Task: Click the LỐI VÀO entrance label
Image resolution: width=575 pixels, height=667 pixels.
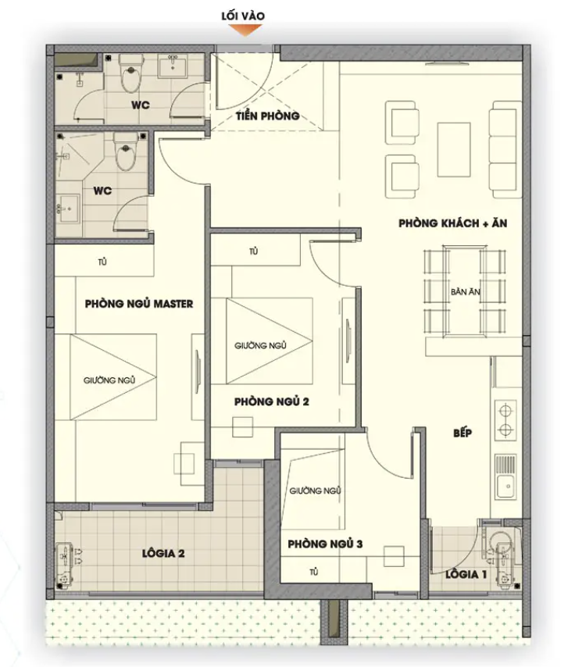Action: (x=243, y=16)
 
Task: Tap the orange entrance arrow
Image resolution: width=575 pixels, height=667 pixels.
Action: (x=245, y=30)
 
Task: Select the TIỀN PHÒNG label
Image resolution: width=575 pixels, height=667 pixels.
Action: (x=268, y=116)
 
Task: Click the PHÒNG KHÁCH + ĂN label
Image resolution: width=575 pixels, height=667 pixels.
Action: (x=452, y=223)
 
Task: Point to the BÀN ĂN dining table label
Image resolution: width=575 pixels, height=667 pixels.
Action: (x=465, y=292)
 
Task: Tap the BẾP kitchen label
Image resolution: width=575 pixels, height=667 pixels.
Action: (x=462, y=433)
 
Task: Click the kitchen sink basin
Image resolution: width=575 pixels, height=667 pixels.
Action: (x=505, y=485)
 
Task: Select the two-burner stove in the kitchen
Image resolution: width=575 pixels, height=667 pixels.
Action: (x=505, y=420)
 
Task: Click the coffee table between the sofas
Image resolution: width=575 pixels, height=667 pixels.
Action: (x=454, y=149)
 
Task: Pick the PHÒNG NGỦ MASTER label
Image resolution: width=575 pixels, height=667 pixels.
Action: (x=139, y=304)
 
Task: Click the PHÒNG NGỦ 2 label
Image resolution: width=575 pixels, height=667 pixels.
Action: (x=272, y=401)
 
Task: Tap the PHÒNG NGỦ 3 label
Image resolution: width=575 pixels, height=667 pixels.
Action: (x=325, y=544)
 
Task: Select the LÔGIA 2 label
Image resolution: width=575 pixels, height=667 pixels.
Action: (x=163, y=554)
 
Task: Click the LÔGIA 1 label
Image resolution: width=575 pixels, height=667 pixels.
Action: (x=466, y=574)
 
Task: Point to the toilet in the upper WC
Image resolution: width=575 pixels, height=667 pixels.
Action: (x=130, y=73)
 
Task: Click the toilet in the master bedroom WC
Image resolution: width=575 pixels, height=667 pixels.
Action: (x=125, y=152)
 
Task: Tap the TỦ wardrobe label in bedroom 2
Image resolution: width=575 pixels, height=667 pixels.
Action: (x=254, y=251)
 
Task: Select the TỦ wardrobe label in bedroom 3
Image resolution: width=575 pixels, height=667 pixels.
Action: (x=314, y=572)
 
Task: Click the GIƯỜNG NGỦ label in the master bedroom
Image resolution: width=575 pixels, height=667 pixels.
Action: (x=109, y=380)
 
